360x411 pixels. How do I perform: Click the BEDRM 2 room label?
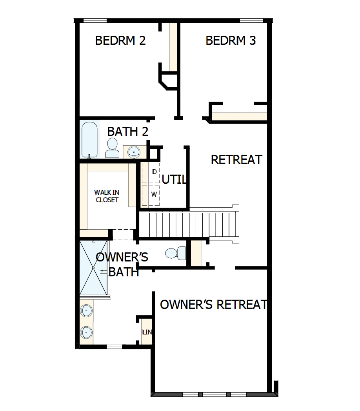(120, 41)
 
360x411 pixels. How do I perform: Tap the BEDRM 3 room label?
(231, 41)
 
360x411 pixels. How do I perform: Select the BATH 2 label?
(128, 132)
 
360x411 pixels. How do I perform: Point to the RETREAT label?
(236, 160)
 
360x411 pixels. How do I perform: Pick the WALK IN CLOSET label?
(106, 196)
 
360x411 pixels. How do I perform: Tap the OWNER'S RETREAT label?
(214, 305)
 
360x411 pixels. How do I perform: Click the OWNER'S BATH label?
(122, 264)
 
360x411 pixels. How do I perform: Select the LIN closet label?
(147, 332)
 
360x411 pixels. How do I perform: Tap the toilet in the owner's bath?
(175, 253)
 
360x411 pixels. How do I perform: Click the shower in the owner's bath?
(93, 267)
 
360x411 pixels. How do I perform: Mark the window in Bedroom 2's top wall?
(95, 20)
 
